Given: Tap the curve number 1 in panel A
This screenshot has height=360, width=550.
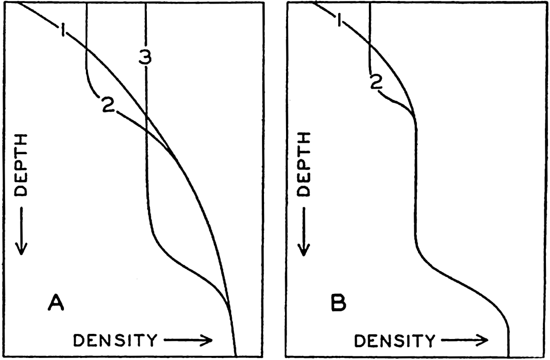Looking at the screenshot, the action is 62,31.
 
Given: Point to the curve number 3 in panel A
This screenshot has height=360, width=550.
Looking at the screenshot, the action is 145,57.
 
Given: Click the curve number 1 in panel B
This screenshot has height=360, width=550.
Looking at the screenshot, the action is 338,20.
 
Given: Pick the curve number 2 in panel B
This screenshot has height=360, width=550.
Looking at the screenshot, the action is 377,83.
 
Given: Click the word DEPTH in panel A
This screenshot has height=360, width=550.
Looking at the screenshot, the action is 21,164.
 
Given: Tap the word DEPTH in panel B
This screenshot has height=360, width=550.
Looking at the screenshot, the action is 304,164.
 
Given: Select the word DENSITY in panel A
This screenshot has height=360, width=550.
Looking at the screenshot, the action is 115,340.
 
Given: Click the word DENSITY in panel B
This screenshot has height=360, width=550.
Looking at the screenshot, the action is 395,341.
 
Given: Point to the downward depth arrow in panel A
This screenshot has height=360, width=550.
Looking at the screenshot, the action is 21,230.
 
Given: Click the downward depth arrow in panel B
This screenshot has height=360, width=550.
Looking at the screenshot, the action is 304,231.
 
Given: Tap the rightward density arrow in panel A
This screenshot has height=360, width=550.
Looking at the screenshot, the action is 188,340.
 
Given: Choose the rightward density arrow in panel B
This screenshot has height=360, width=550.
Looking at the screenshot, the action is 465,340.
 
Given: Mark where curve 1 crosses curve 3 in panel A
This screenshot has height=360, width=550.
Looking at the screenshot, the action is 146,114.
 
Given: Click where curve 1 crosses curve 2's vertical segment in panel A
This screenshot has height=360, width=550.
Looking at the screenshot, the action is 86,50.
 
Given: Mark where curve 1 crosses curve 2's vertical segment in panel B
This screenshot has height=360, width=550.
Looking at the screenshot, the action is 370,43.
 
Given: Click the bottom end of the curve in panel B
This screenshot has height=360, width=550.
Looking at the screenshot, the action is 508,356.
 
